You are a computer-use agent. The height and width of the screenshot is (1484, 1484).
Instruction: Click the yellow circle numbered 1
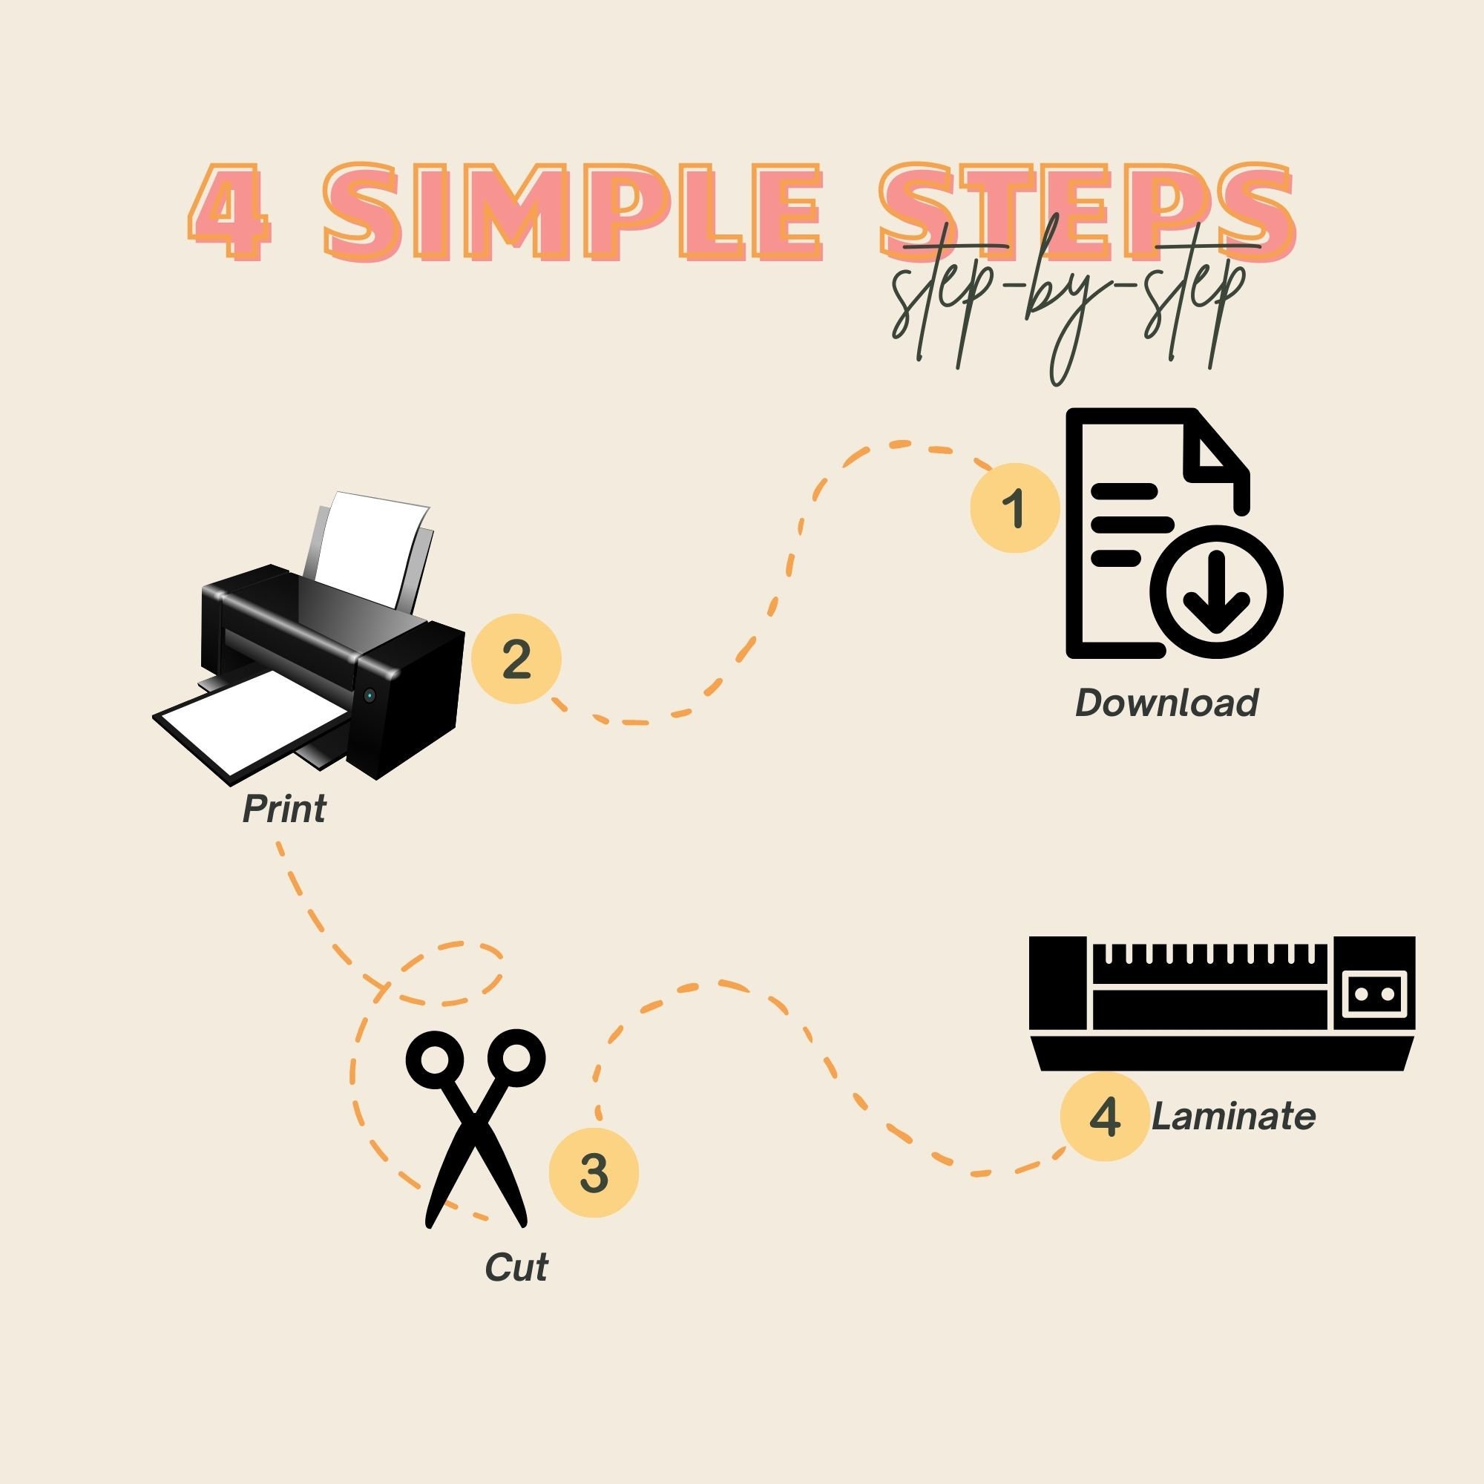tap(1014, 508)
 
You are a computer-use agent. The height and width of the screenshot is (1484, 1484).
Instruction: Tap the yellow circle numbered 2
tap(516, 658)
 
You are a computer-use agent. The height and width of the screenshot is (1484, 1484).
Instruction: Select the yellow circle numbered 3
tap(594, 1172)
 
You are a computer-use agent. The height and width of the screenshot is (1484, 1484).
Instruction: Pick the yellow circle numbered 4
tap(1105, 1116)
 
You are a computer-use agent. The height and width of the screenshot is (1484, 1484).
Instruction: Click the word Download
tap(1166, 702)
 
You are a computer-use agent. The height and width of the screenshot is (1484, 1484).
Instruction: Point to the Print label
tap(284, 809)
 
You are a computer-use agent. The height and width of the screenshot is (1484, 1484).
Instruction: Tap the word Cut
tap(516, 1267)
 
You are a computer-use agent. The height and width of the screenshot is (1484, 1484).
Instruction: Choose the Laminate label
tap(1234, 1116)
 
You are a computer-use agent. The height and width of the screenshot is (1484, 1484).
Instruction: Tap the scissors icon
tap(476, 1129)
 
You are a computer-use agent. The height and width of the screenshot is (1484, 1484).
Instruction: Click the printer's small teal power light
tap(370, 695)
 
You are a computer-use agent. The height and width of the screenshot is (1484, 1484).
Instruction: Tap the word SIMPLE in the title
tap(572, 211)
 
